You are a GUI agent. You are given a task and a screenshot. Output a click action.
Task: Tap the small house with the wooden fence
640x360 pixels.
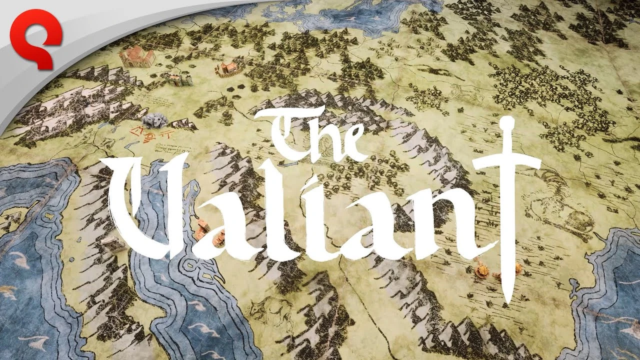226,68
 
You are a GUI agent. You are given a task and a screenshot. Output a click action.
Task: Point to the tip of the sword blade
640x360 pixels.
507,300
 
